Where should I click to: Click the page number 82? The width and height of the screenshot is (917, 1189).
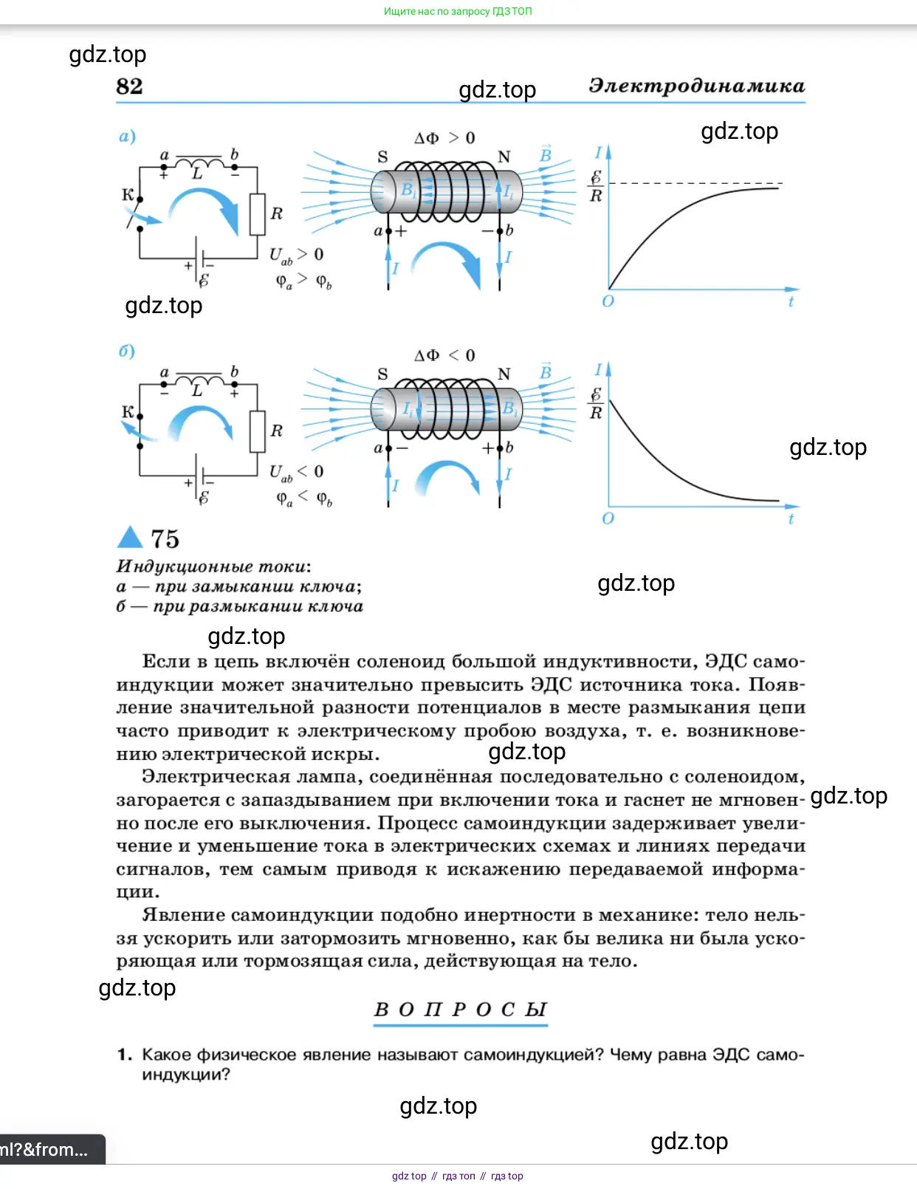coord(129,86)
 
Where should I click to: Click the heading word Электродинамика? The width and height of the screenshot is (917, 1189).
coord(696,86)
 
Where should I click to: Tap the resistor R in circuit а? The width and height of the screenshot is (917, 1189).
coord(258,214)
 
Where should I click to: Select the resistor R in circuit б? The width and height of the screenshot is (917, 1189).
coord(258,431)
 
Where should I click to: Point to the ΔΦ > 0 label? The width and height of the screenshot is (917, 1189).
coord(444,138)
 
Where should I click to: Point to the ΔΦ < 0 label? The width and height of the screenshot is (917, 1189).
coord(444,355)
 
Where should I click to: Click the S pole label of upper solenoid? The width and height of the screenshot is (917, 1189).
coord(382,157)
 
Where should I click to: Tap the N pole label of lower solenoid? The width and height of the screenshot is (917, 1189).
coord(504,374)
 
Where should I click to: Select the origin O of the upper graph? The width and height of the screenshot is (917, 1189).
coord(608,301)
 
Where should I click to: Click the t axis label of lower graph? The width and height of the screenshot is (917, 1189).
coord(791,518)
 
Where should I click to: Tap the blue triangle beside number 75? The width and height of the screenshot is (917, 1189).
coord(131,537)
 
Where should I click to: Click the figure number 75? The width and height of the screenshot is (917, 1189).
coord(165,539)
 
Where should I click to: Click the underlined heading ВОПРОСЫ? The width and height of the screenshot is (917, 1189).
coord(461,1010)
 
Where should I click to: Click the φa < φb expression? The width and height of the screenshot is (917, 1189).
coord(304,499)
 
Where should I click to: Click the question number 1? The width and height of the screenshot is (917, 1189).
coord(125,1055)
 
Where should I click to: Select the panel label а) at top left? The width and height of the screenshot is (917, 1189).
coord(127,137)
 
